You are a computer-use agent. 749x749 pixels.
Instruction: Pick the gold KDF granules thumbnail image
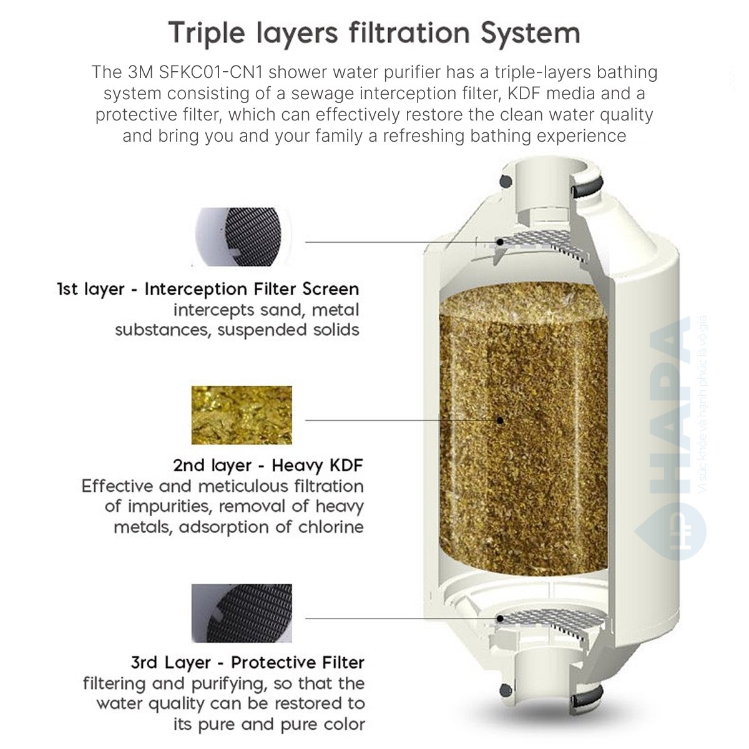[242, 415]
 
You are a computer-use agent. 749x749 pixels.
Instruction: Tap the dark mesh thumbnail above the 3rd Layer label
[242, 613]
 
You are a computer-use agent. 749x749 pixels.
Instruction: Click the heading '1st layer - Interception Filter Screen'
[208, 290]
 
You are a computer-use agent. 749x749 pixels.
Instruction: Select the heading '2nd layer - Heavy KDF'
[268, 466]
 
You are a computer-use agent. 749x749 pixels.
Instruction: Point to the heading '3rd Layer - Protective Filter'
[247, 662]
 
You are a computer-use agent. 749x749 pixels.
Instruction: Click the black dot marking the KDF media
[500, 420]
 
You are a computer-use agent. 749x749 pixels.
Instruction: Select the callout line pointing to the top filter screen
[399, 242]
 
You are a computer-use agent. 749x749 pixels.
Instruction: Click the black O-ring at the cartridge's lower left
[504, 691]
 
